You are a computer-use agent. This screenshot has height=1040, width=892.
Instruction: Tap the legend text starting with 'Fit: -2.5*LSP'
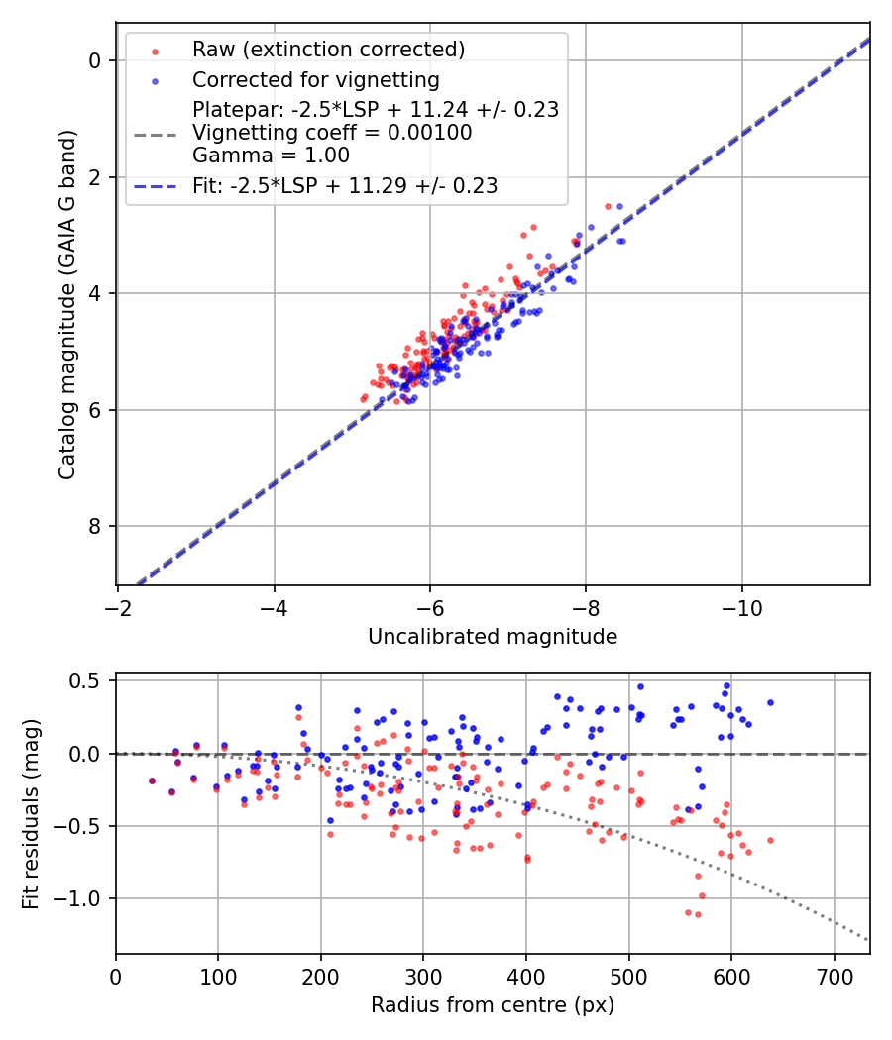(344, 185)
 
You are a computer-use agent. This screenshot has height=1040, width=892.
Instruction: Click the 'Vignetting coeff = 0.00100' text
(331, 133)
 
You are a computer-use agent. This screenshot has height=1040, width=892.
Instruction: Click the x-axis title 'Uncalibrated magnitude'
(493, 637)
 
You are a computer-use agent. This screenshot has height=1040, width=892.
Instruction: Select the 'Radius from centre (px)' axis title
(493, 1005)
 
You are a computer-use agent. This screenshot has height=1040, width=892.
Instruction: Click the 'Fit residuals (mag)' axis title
(31, 813)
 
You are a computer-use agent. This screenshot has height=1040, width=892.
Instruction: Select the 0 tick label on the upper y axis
(95, 60)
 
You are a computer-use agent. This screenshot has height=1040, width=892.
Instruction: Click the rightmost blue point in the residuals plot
(770, 702)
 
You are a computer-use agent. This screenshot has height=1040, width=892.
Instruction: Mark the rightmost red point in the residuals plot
(770, 840)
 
